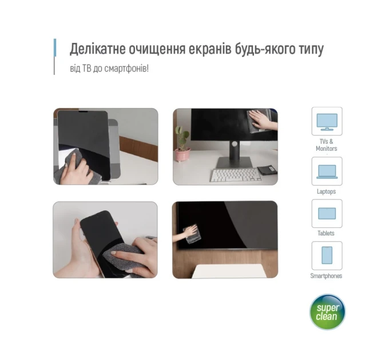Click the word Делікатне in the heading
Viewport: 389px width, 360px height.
click(x=97, y=49)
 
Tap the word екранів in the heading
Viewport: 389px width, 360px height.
click(x=210, y=49)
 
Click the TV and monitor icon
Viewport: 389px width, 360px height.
click(x=327, y=122)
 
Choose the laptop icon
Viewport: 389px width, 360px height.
click(x=327, y=171)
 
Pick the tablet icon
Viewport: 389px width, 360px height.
click(x=327, y=214)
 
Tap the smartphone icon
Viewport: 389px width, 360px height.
click(x=327, y=255)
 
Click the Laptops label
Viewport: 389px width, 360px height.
click(x=326, y=191)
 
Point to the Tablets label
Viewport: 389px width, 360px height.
click(x=326, y=233)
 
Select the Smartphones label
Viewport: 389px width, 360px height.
click(x=326, y=276)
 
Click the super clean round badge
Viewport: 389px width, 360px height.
click(x=327, y=311)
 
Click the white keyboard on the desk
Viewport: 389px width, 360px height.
click(x=235, y=175)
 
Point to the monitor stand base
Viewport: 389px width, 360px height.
click(x=235, y=162)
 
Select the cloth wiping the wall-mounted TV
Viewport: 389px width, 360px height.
click(x=192, y=234)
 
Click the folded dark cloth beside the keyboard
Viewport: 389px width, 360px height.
click(x=268, y=170)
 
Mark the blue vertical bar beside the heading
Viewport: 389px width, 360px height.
click(x=55, y=47)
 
